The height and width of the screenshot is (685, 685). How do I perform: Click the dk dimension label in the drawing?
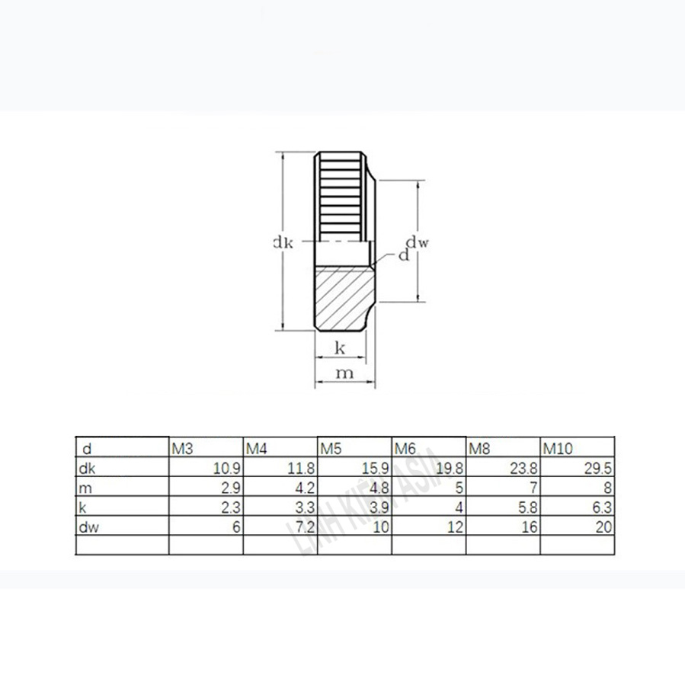283,243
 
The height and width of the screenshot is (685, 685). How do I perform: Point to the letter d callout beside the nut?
403,256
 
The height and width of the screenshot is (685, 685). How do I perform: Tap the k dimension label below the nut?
341,349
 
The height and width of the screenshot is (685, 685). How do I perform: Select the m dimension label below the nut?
344,373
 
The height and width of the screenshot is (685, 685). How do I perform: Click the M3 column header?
181,449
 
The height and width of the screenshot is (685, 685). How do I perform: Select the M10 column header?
555,449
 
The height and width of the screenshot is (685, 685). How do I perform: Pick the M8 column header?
479,449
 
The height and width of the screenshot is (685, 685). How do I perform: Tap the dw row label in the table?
85,527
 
